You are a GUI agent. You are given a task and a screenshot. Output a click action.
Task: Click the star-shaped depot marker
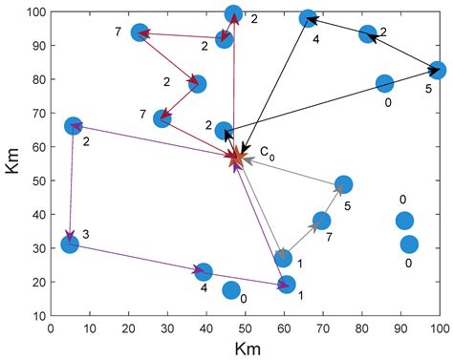237,158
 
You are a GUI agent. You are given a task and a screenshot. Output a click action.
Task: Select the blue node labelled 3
70,244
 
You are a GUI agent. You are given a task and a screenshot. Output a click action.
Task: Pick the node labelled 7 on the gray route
322,221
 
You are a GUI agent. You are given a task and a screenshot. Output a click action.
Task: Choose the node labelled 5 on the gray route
344,184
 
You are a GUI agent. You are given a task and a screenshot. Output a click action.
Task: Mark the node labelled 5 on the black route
438,70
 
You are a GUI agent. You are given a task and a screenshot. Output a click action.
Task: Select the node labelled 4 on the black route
308,18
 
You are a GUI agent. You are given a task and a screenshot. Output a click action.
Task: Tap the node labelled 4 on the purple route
203,273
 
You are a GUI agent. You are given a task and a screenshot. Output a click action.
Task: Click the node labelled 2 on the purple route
74,126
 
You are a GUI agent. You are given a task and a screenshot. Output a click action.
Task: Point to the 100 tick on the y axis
36,12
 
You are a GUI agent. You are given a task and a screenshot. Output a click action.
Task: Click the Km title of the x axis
245,349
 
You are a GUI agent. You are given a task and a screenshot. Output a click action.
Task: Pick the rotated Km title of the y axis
12,163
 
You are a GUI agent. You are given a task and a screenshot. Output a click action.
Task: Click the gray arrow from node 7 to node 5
333,202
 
